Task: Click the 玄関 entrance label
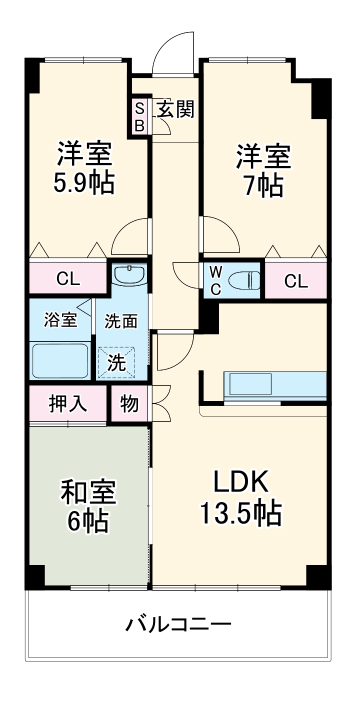(x=175, y=109)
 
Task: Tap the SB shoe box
(x=139, y=116)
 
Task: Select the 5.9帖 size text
(x=84, y=183)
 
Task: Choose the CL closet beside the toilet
(x=296, y=281)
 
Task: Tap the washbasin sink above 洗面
(x=129, y=274)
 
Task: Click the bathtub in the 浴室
(x=60, y=360)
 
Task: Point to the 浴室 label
(x=60, y=320)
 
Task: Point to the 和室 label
(x=88, y=492)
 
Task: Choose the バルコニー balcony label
(x=178, y=624)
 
